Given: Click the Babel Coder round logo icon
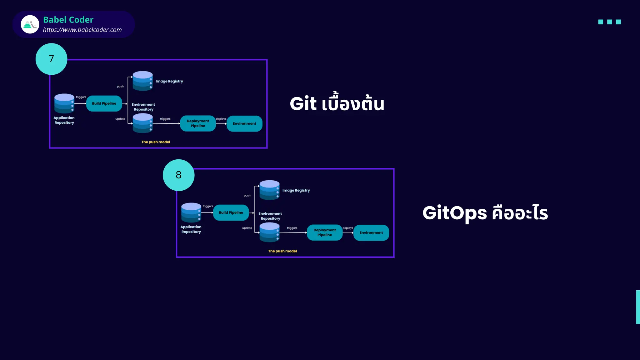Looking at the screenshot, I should pos(30,24).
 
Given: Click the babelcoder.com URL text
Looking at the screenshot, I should pos(82,30).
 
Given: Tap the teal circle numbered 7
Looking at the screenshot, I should pos(51,59).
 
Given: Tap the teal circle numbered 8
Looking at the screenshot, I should pos(178,175).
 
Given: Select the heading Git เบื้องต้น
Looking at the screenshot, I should pos(337,104).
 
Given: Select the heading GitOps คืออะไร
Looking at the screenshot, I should pos(485,213).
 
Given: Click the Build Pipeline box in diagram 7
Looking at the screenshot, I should pos(104,103).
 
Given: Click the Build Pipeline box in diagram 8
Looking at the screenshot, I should pos(231,212).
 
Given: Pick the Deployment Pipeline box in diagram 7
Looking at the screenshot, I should pos(198,123).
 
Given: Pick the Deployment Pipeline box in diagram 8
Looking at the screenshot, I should pos(325,232).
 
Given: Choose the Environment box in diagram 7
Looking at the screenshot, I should pos(244,123).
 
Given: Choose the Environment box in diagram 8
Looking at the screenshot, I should pos(371,232).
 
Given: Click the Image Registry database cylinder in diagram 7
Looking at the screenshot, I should pos(142,81).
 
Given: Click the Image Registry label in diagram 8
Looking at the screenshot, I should pos(296,190).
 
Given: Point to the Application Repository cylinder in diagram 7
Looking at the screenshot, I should pos(64,103).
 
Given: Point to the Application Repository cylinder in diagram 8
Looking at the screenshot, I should pos(191,212).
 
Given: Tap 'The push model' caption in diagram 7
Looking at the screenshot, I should pos(156,142).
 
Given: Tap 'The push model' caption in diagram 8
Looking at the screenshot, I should pos(282,251).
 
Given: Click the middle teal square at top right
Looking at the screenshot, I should pos(609,22).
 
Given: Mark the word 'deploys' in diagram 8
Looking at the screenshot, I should pos(348,228).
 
